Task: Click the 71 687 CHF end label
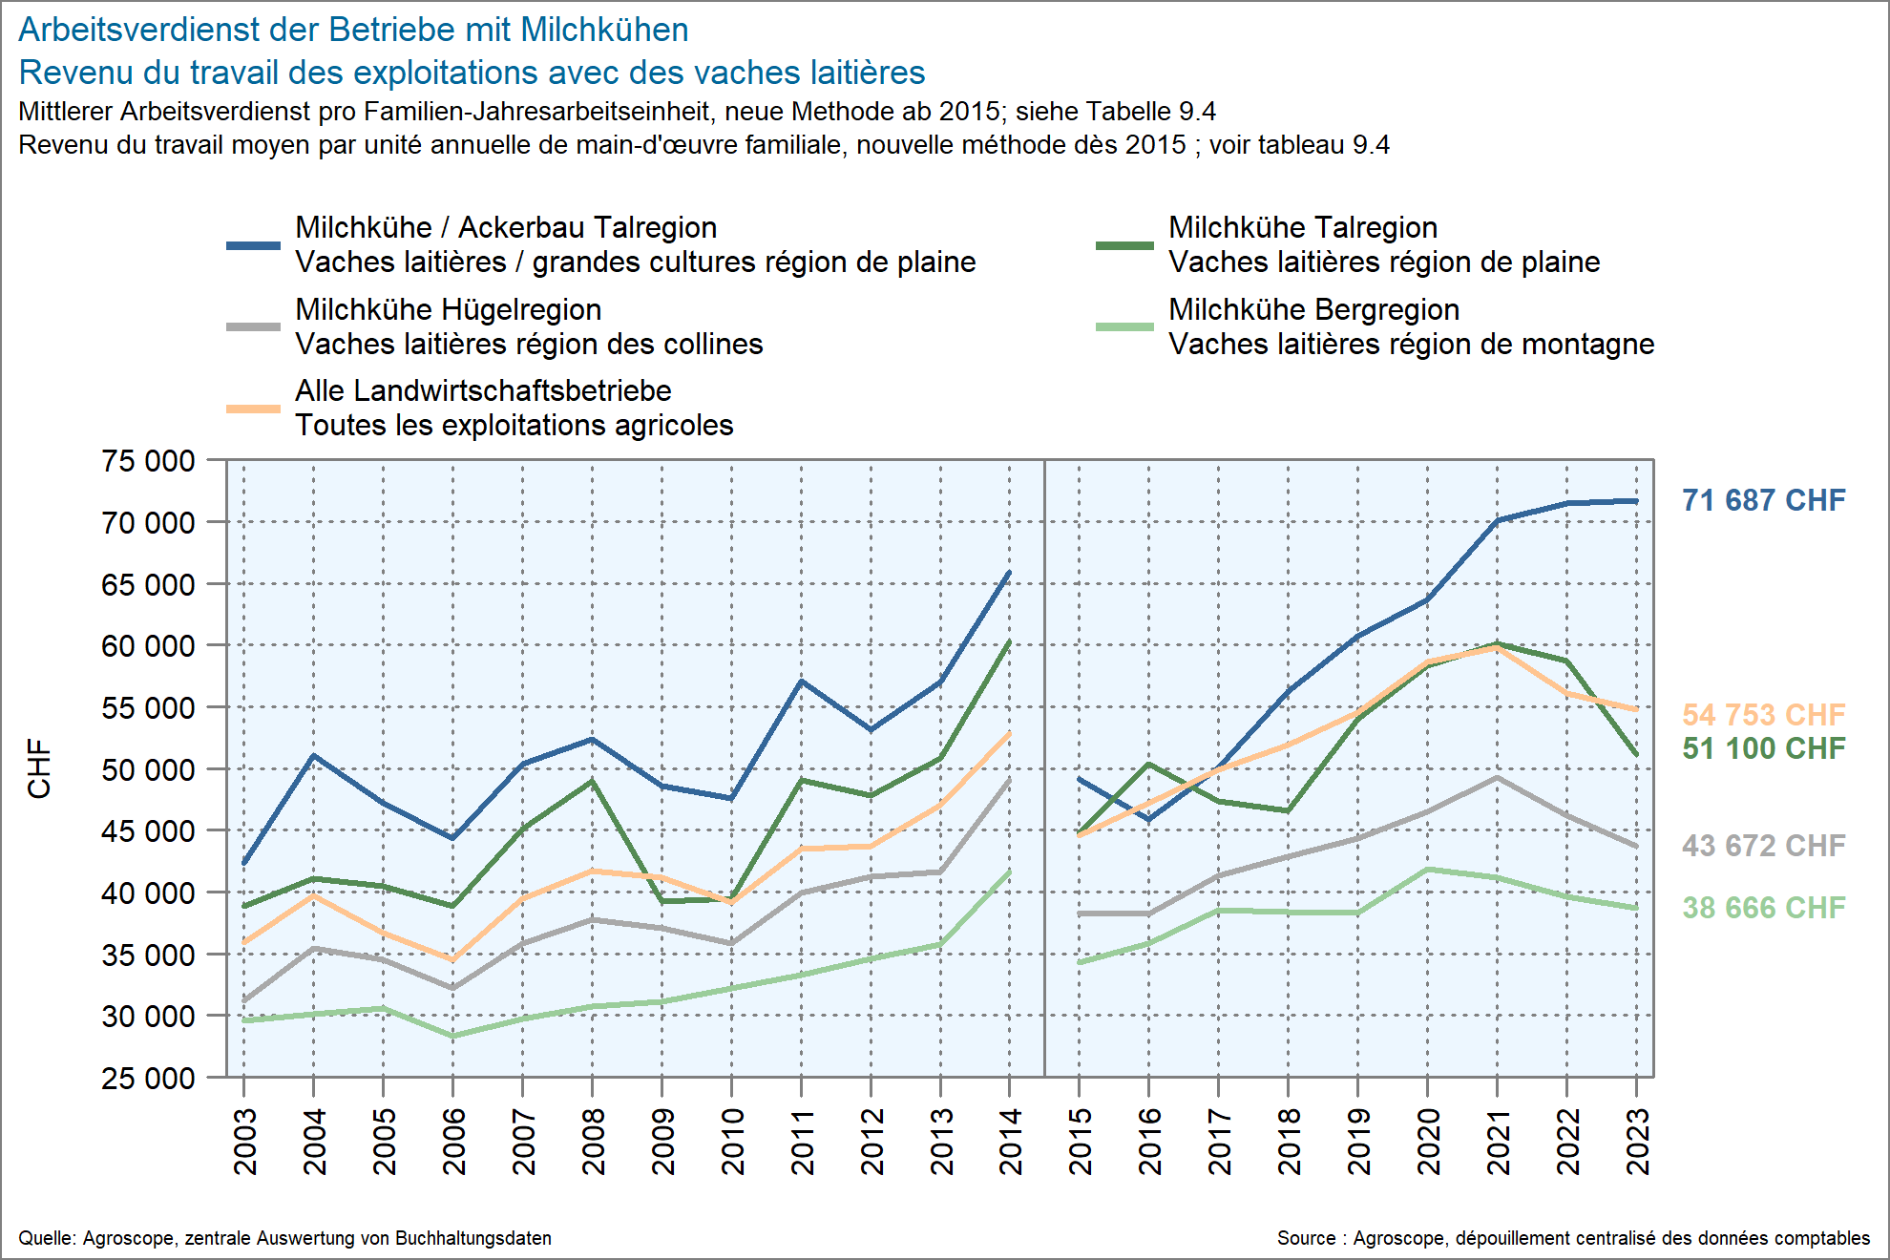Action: click(1763, 500)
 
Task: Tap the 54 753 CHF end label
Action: click(1763, 715)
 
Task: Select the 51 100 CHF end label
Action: click(1763, 748)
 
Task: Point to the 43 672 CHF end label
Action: click(1763, 846)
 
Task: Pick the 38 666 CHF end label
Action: click(1763, 908)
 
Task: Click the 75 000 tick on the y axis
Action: click(148, 461)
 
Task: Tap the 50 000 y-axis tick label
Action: click(148, 769)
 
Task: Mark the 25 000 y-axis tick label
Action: click(148, 1079)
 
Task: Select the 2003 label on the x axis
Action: click(245, 1142)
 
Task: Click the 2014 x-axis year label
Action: click(1011, 1142)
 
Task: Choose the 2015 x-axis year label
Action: click(1081, 1142)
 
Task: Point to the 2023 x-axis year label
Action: click(1638, 1142)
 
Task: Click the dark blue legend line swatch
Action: click(253, 245)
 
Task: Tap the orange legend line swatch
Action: click(253, 409)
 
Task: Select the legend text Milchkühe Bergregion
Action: click(1313, 309)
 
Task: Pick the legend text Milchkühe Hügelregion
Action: click(448, 309)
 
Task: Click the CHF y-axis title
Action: click(39, 768)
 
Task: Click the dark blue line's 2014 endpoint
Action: click(1010, 572)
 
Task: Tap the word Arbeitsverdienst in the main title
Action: click(138, 30)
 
